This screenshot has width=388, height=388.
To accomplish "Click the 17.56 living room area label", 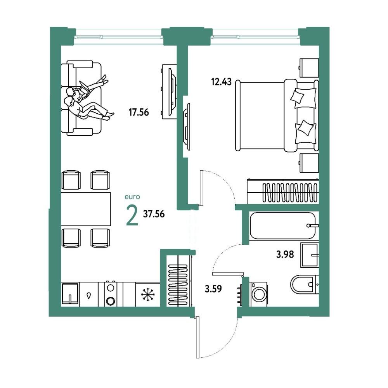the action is click(x=139, y=113).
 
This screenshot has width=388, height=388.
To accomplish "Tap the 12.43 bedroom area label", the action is click(x=221, y=81).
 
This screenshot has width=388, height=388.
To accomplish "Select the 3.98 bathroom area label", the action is click(x=285, y=254).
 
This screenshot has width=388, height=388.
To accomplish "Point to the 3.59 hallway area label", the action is click(x=213, y=289).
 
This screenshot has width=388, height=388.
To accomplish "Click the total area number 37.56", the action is click(x=154, y=214).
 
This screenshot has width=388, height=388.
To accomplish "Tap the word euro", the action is click(x=132, y=197).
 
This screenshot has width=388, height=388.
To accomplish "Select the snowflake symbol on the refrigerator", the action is click(x=147, y=294).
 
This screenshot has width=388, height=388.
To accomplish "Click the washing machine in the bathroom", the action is click(x=258, y=294).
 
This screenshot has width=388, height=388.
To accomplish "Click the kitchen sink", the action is click(x=70, y=294).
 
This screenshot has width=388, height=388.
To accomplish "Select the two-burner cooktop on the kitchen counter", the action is click(x=110, y=294).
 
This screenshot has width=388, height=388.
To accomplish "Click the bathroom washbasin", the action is click(x=310, y=255).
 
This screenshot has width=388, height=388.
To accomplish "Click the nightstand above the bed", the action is click(x=309, y=68).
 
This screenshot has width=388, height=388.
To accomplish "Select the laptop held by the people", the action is click(x=84, y=90).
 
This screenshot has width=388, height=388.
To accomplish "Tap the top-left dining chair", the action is click(x=71, y=180).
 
